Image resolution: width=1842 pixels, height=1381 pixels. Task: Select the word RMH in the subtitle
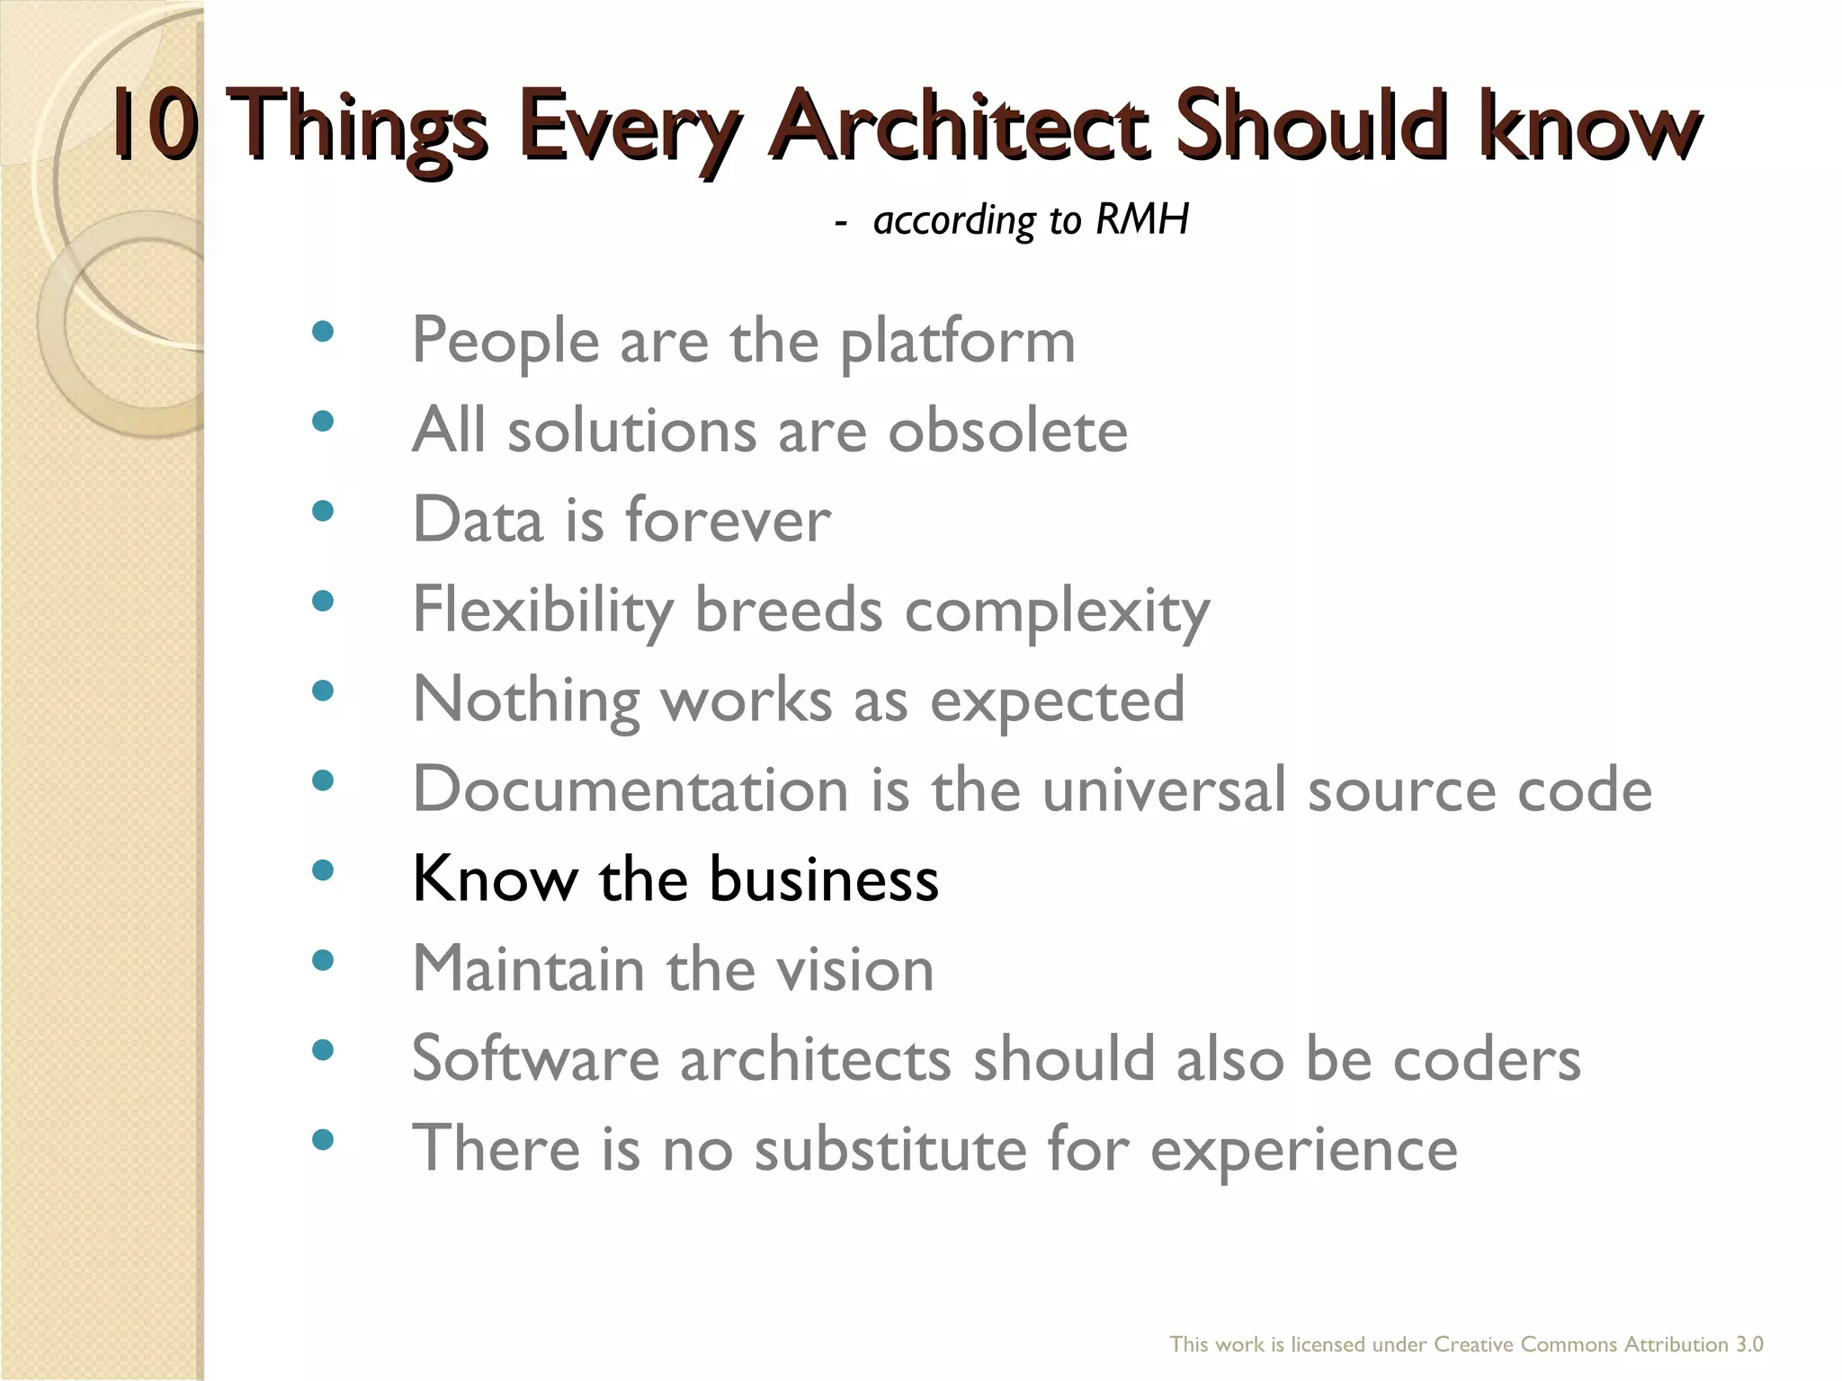(1142, 219)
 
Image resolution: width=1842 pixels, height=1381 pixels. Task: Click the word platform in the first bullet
(957, 343)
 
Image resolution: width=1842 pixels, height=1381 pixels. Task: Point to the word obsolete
(1007, 431)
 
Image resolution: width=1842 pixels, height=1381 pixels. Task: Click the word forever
(728, 521)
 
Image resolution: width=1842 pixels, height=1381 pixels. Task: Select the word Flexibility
(542, 611)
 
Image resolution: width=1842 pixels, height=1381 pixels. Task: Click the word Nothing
(526, 701)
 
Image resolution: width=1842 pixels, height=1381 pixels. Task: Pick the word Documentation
(630, 790)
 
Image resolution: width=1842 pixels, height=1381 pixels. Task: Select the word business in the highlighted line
(824, 879)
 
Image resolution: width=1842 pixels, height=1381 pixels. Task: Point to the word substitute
(890, 1150)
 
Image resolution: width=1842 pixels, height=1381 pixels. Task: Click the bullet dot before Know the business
(322, 870)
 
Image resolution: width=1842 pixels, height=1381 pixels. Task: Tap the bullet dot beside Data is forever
(322, 512)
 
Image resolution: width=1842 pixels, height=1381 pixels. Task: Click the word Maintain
(529, 970)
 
